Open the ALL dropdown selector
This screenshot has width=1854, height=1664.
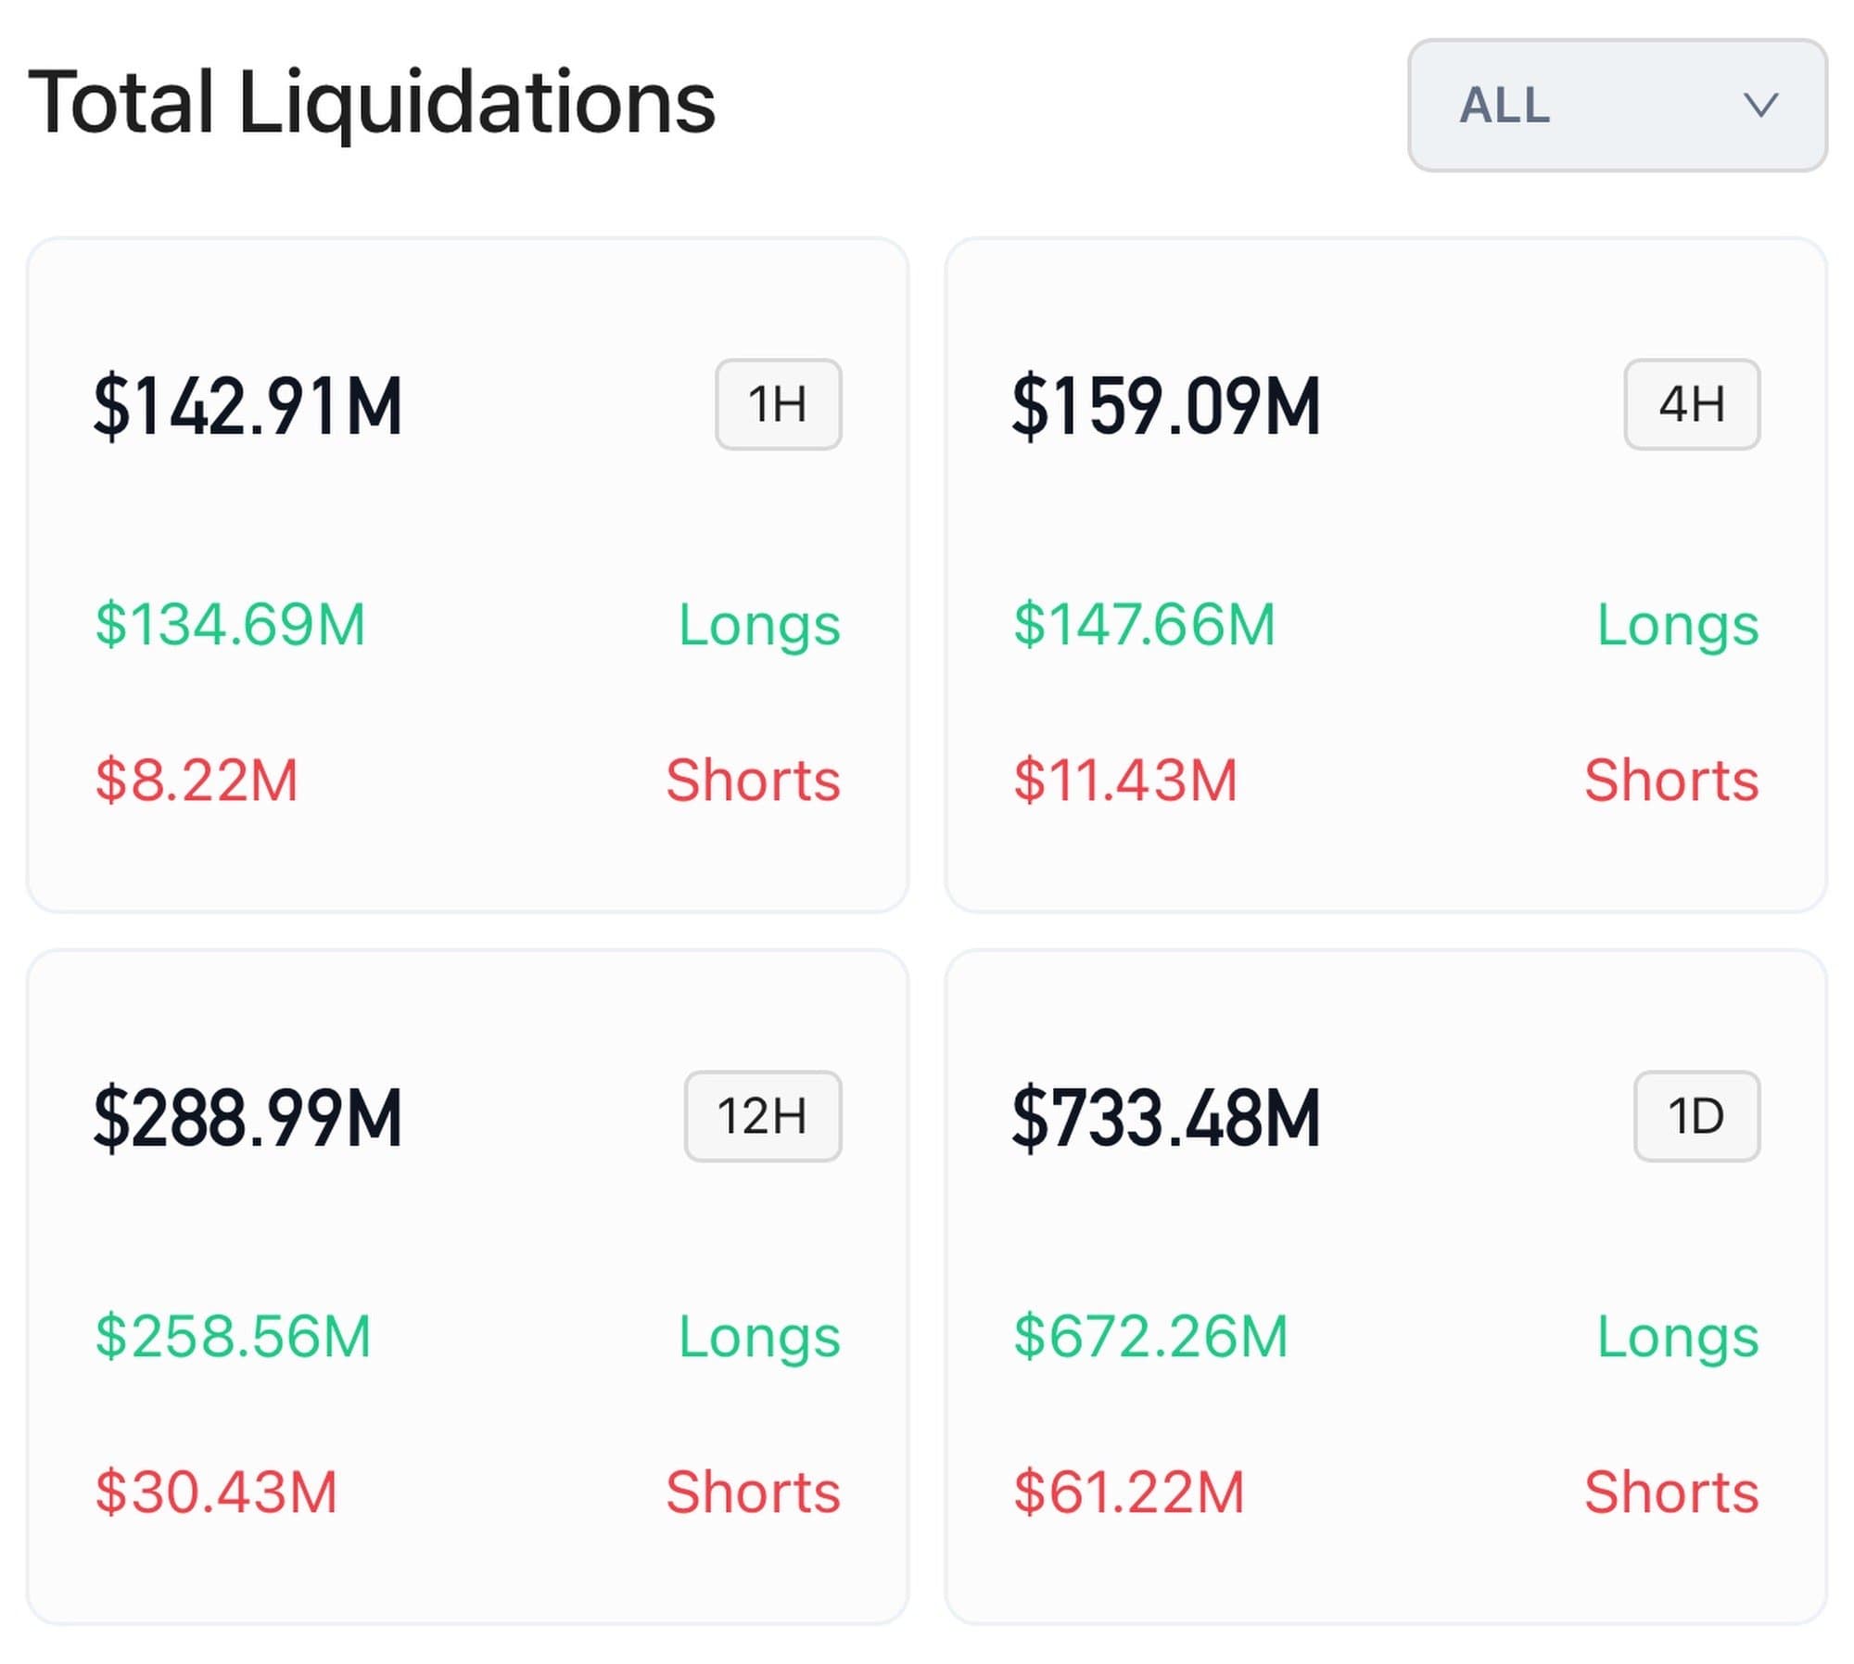click(x=1616, y=105)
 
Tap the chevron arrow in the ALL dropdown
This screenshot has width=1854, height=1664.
click(x=1759, y=105)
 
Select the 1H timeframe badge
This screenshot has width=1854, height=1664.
click(x=778, y=404)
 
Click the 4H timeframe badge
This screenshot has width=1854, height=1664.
click(x=1691, y=404)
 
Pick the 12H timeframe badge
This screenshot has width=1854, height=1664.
click(x=762, y=1116)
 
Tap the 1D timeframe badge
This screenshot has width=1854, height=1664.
click(x=1695, y=1116)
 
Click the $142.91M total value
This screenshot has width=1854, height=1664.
click(x=248, y=406)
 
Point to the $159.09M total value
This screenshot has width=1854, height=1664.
click(x=1165, y=406)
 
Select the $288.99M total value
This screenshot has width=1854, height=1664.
click(x=248, y=1118)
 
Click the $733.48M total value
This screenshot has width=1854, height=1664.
click(x=1165, y=1118)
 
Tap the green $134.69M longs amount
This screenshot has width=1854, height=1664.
click(x=231, y=624)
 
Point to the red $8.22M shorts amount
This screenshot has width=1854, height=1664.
click(x=197, y=780)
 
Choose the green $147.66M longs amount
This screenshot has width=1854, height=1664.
click(x=1145, y=624)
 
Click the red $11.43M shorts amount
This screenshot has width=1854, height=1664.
click(x=1125, y=780)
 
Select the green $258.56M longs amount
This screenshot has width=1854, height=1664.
click(x=233, y=1336)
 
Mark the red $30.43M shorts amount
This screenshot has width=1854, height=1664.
click(x=216, y=1492)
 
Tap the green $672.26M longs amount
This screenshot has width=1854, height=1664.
click(x=1150, y=1336)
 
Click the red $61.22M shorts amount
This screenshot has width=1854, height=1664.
click(x=1129, y=1492)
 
